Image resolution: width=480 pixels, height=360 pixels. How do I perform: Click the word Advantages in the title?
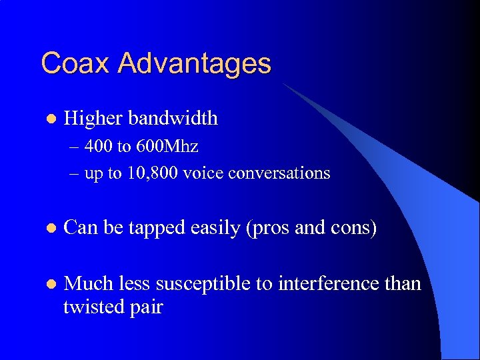195,65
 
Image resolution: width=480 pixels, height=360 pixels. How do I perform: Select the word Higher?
93,119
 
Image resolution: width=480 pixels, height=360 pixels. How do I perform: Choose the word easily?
216,229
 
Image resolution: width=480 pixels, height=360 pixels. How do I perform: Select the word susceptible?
213,285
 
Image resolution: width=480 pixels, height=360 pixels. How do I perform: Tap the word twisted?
90,307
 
